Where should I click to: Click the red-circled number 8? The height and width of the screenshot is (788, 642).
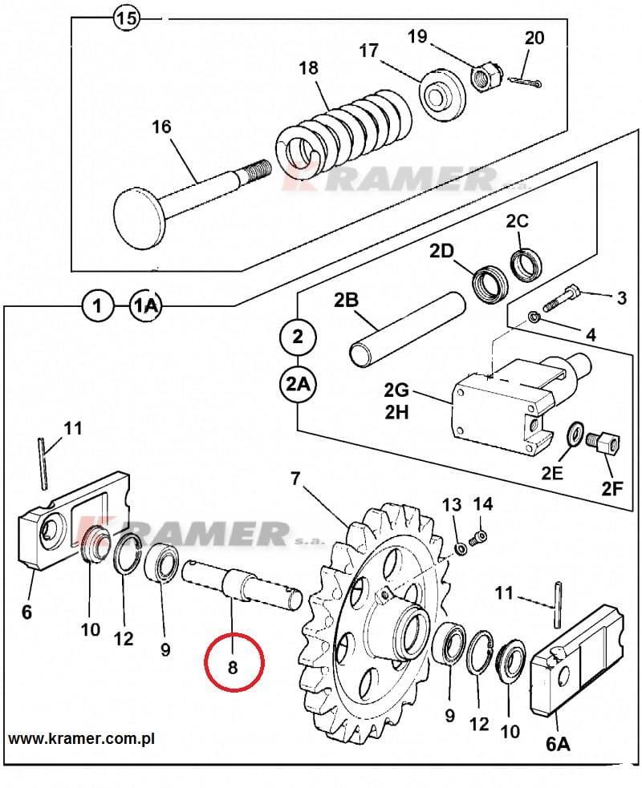click(233, 668)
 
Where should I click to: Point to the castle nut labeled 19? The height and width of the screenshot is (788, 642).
click(486, 75)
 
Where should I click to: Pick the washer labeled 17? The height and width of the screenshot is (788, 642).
click(440, 92)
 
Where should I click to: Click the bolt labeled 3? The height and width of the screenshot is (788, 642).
click(561, 300)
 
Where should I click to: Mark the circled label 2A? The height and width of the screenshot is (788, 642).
click(298, 385)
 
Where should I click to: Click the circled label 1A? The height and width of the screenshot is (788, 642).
click(146, 305)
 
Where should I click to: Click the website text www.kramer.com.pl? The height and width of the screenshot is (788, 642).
click(82, 739)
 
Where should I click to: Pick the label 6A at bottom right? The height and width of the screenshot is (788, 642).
click(558, 744)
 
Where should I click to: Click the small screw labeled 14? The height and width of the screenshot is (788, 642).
click(478, 538)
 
